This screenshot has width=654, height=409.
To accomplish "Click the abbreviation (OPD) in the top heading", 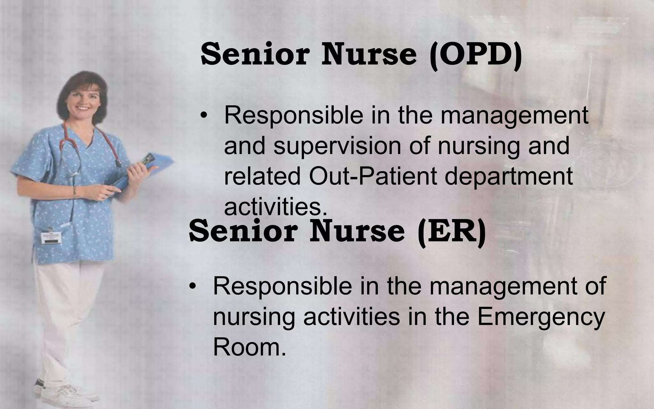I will point(476,55).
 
